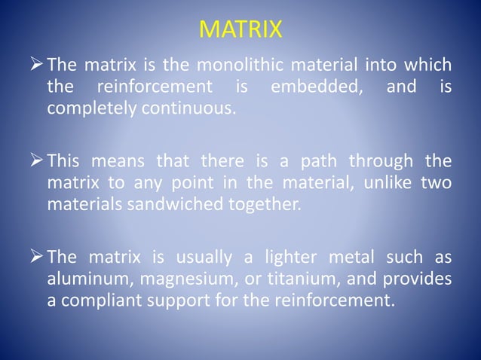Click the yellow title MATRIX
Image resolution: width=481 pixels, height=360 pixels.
point(240,30)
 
